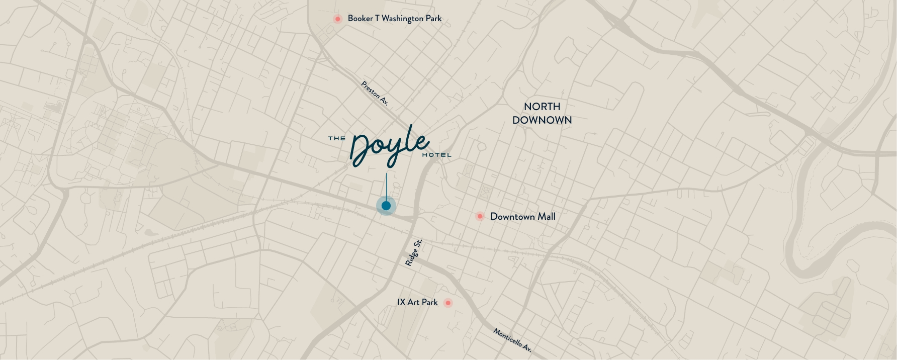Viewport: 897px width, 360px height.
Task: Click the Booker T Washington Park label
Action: [395, 19]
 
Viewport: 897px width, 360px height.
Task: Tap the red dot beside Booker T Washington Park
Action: [337, 19]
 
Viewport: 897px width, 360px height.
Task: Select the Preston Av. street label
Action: [375, 93]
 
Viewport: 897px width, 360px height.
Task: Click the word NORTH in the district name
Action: [542, 107]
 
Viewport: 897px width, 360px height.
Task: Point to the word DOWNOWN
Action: [542, 120]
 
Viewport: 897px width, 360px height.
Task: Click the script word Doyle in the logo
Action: [390, 146]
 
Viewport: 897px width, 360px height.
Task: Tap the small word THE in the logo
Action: [336, 138]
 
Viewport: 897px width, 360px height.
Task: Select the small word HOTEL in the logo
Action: [436, 155]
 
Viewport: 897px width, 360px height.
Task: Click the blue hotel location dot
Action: [386, 206]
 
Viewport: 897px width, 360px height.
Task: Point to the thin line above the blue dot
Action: [387, 186]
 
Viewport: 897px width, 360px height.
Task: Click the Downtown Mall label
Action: [522, 217]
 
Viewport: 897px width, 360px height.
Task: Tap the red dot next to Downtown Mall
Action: [480, 216]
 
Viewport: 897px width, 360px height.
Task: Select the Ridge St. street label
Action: [413, 253]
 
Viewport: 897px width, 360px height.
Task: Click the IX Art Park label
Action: [417, 302]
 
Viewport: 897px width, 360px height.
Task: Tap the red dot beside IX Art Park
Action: [447, 303]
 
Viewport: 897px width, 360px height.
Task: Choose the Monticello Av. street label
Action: [512, 340]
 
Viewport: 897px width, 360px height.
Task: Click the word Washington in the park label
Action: [402, 19]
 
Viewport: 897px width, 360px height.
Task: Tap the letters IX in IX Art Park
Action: [401, 302]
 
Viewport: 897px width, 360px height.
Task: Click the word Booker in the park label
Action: [360, 19]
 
